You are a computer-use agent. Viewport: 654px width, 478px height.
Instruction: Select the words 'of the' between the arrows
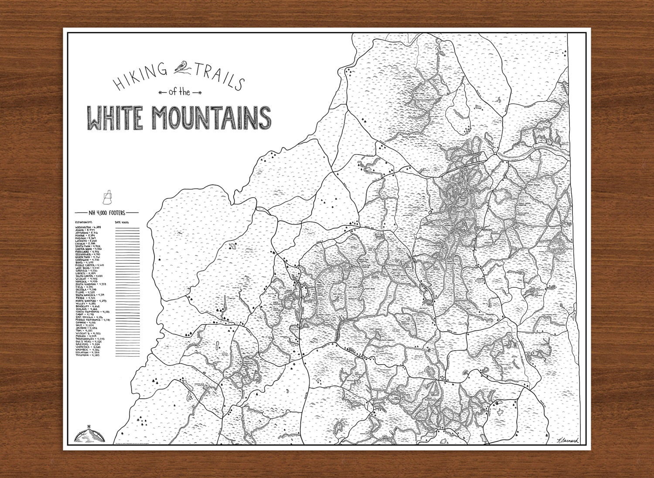179,92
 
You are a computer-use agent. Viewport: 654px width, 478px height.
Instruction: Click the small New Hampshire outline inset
106,197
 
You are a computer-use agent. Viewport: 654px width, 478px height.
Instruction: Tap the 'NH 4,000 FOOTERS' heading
106,213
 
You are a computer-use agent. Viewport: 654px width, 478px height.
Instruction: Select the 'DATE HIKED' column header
122,222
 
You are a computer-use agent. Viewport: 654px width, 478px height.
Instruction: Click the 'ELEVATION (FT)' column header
83,222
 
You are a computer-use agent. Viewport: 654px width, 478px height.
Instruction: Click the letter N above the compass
89,427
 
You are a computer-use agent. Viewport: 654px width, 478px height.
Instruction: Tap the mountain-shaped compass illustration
89,435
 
